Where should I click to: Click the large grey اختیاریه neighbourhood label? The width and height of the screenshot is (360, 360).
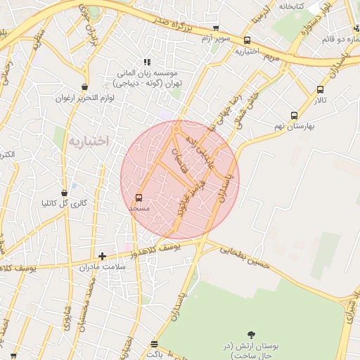89,141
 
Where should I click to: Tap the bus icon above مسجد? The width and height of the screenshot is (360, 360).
139,198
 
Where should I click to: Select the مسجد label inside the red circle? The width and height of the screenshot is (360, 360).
139,209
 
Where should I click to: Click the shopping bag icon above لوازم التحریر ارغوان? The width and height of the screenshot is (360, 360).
85,87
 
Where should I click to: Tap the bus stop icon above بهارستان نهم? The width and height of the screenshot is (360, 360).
293,116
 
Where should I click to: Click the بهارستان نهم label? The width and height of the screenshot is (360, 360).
294,127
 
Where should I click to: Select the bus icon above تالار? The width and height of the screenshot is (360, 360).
321,89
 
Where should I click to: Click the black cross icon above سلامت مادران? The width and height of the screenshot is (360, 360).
103,256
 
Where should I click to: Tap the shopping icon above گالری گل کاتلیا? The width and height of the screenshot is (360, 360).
65,192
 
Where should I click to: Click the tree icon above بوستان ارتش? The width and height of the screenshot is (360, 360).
252,335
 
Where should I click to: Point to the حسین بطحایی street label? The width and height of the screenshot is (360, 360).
245,255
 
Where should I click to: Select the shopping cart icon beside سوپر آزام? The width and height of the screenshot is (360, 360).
216,29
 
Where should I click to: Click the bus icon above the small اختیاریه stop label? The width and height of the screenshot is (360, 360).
247,41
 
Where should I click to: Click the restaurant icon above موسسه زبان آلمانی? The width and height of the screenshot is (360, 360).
147,62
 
